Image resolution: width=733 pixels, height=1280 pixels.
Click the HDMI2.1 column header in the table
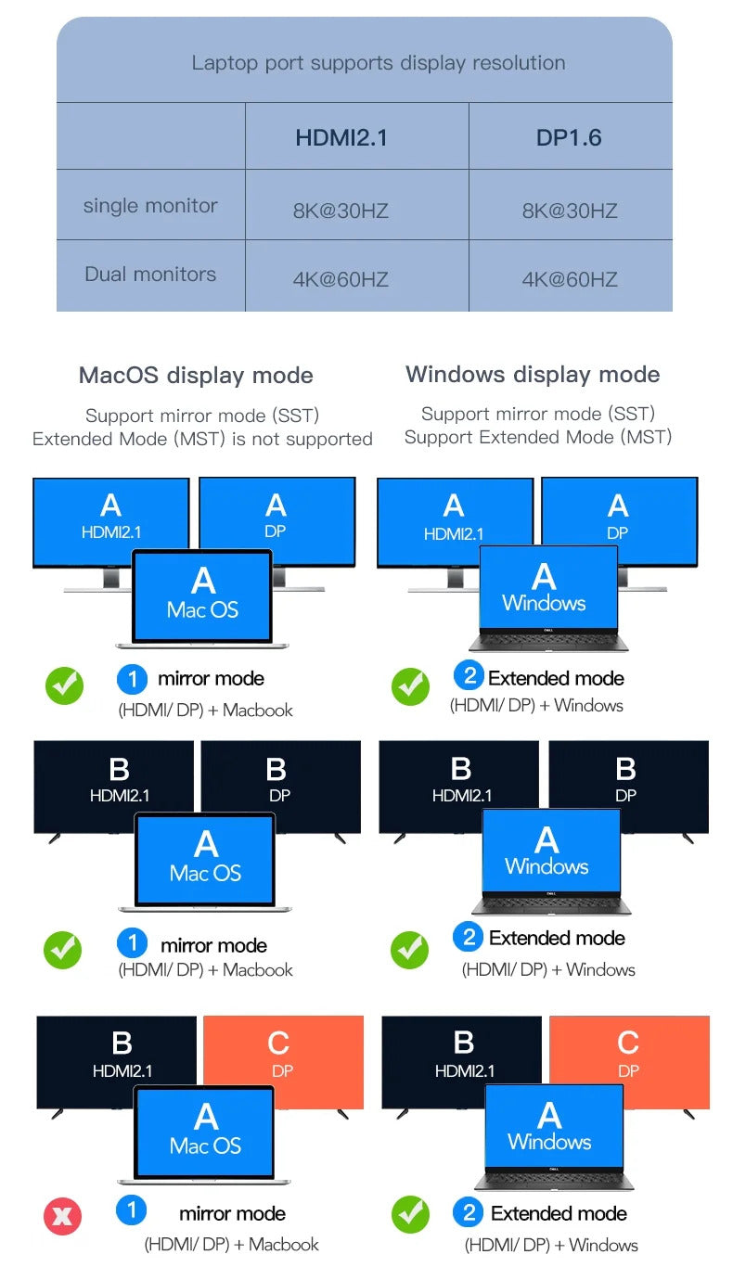click(x=341, y=138)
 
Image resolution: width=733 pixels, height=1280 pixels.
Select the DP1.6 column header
click(x=569, y=138)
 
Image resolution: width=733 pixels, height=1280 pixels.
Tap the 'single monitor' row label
click(x=150, y=206)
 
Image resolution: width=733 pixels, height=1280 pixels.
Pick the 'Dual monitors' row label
click(x=150, y=275)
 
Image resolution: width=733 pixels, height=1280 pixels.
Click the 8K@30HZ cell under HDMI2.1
click(x=341, y=211)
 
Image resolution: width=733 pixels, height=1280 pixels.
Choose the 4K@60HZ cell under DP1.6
click(x=570, y=279)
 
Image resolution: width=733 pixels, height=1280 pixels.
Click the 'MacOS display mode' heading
click(x=196, y=376)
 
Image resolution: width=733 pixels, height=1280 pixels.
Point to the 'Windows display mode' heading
click(x=533, y=375)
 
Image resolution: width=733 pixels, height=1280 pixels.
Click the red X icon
click(x=62, y=1216)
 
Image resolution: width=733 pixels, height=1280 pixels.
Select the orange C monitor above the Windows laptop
click(x=649, y=1048)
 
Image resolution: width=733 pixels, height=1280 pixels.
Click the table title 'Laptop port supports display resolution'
click(x=378, y=63)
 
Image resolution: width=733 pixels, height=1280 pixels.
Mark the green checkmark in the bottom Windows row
click(x=409, y=1213)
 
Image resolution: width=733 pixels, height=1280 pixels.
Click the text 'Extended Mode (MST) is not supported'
click(x=202, y=439)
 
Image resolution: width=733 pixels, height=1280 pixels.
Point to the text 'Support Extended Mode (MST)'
click(x=537, y=437)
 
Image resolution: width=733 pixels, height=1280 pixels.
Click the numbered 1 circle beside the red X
click(x=132, y=1210)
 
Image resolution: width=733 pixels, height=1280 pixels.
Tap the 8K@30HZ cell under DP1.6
click(x=570, y=211)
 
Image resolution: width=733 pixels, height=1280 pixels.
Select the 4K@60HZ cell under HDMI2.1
click(x=341, y=279)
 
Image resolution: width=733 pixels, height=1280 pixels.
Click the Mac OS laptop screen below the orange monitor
click(x=205, y=1132)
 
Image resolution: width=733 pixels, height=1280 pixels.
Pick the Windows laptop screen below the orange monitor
click(x=553, y=1127)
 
